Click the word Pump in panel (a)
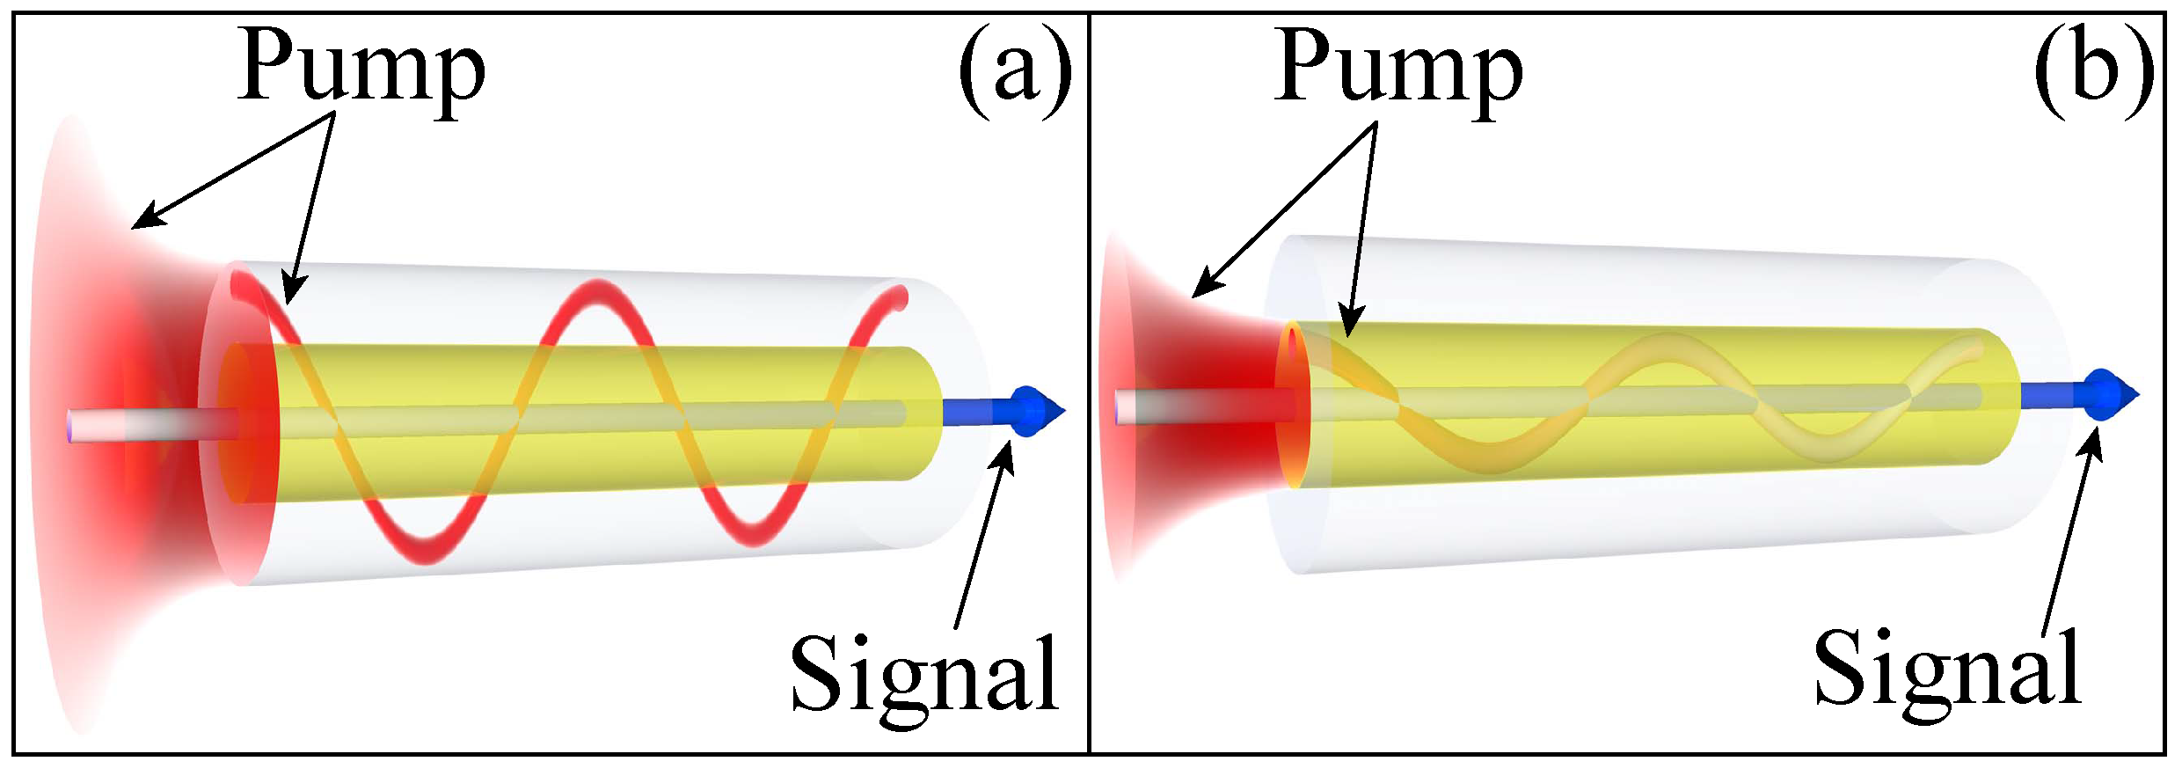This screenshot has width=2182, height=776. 361,69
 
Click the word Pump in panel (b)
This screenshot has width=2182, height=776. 1398,69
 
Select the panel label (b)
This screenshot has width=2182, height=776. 2093,70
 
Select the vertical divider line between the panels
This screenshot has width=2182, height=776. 1090,387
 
